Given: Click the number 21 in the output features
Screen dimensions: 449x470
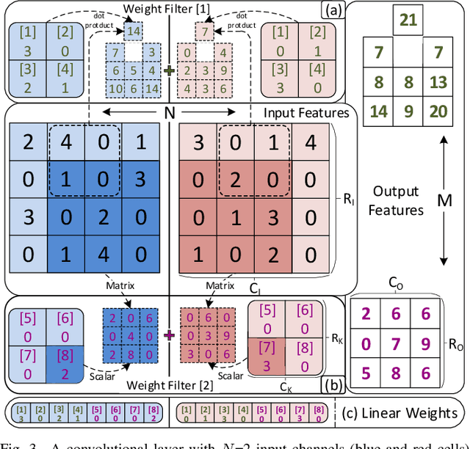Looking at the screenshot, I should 409,20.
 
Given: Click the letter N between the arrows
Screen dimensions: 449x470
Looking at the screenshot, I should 169,114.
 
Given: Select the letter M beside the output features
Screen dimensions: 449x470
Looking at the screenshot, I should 443,200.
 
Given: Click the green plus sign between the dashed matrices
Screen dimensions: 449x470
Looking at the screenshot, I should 170,71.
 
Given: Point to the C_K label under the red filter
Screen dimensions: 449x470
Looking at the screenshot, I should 283,383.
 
